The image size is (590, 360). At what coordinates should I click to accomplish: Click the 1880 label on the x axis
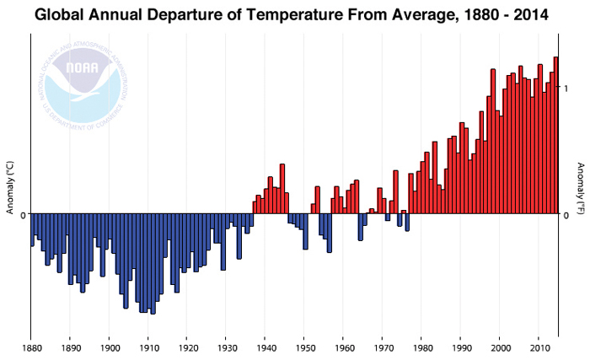pyautogui.click(x=31, y=347)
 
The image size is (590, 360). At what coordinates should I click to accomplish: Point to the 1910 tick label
pyautogui.click(x=148, y=347)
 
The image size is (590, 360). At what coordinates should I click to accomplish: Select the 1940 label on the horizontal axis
pyautogui.click(x=265, y=347)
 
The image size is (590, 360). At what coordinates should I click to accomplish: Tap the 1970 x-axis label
pyautogui.click(x=383, y=347)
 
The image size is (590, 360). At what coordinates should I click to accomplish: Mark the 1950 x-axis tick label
pyautogui.click(x=304, y=347)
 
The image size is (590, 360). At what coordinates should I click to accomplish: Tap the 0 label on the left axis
pyautogui.click(x=23, y=214)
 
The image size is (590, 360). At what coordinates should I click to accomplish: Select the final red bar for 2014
pyautogui.click(x=555, y=135)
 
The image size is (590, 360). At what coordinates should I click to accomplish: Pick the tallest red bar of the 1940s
pyautogui.click(x=282, y=189)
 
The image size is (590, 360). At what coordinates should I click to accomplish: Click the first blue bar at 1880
pyautogui.click(x=32, y=229)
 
